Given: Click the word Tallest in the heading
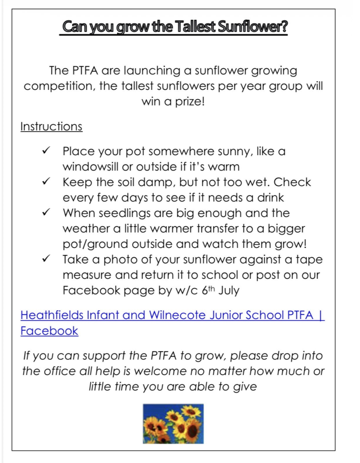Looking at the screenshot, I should pos(197,27).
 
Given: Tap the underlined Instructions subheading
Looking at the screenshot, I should pos(51,126).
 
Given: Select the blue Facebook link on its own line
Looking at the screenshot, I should pos(49,331).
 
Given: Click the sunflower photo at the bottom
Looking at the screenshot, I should pos(173,423).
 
